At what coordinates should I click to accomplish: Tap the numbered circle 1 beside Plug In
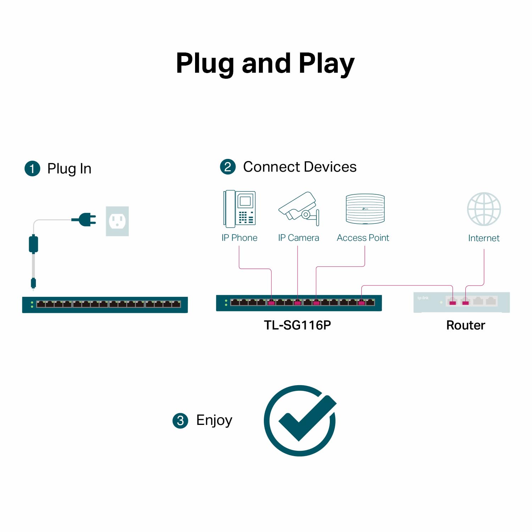(x=32, y=168)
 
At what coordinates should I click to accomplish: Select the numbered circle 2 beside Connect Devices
(x=228, y=167)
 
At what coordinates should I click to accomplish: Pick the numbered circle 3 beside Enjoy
(x=180, y=421)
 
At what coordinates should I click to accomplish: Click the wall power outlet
(x=117, y=221)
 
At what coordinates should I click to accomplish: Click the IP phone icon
(x=239, y=209)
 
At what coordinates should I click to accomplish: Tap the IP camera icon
(x=299, y=209)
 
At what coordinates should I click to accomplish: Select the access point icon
(x=365, y=209)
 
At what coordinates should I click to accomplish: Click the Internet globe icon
(x=484, y=209)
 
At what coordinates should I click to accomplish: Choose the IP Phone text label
(x=239, y=238)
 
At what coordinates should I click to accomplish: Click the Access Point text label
(x=363, y=238)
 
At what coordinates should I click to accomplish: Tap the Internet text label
(x=484, y=238)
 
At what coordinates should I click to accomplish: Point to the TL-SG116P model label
(x=297, y=325)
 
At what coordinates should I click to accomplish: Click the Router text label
(x=466, y=325)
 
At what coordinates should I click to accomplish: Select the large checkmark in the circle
(x=300, y=421)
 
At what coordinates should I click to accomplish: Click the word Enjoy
(x=214, y=421)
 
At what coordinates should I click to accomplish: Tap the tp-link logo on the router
(x=423, y=298)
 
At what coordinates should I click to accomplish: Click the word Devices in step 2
(x=330, y=167)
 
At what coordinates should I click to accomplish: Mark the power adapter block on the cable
(x=33, y=244)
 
